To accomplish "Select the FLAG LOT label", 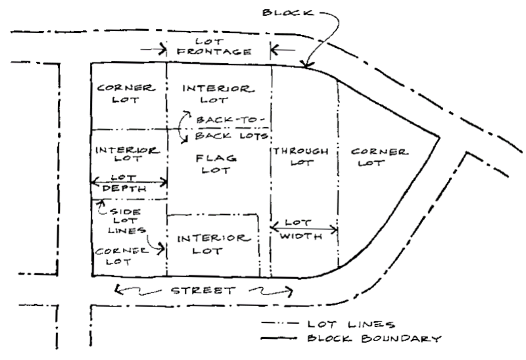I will (217, 165).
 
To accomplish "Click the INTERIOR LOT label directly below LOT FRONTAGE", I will (217, 93).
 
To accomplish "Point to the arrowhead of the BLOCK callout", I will (304, 65).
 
